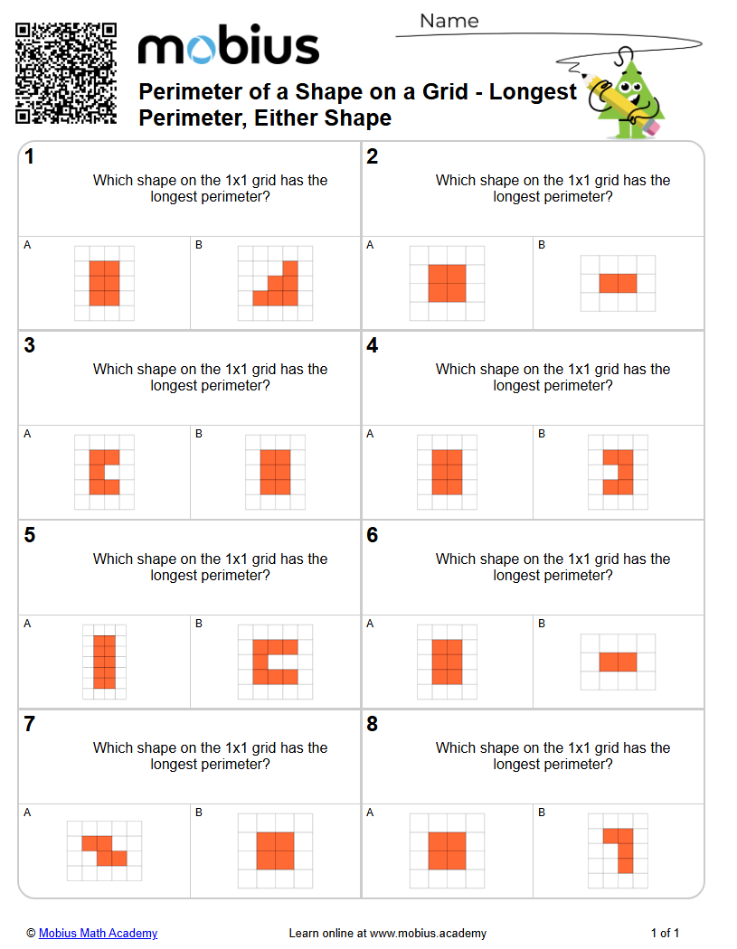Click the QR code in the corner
[x=66, y=73]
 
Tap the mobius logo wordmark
[x=228, y=46]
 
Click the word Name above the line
[x=449, y=21]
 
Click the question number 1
[x=30, y=157]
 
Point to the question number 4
[x=372, y=346]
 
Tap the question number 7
[x=30, y=725]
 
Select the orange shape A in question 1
[x=104, y=283]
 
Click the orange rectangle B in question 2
[x=618, y=283]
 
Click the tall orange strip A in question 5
[x=104, y=662]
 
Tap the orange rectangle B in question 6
[x=618, y=662]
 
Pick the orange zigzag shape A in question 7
[x=104, y=850]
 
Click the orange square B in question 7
[x=275, y=850]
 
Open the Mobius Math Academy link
[x=98, y=933]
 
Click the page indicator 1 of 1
[x=665, y=933]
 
